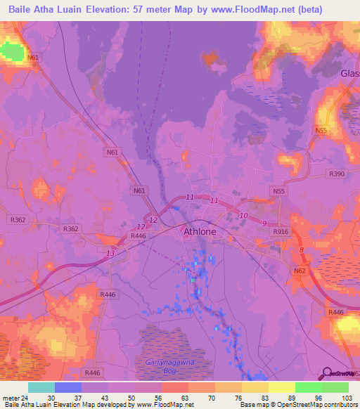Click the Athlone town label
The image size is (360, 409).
point(200,231)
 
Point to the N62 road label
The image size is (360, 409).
point(300,270)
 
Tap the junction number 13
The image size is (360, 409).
point(110,253)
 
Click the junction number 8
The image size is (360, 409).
point(302,250)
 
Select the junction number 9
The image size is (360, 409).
point(264,223)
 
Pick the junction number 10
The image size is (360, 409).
point(243,215)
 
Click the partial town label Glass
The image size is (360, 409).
point(349,74)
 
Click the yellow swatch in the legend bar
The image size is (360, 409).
point(281,387)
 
